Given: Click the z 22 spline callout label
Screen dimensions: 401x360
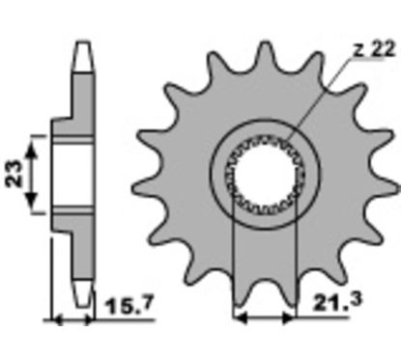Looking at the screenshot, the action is pos(373,49).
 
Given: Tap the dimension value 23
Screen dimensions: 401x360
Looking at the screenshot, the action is pos(14,174).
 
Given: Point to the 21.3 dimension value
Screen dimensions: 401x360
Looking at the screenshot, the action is pos(337,301).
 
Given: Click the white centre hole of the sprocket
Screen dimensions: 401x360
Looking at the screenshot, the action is pos(264,175).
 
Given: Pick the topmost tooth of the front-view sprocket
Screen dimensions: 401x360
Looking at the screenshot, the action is pos(266,55).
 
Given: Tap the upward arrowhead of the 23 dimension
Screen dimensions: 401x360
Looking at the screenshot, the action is pos(31,150).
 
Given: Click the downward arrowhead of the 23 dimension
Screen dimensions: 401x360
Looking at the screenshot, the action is pos(31,199).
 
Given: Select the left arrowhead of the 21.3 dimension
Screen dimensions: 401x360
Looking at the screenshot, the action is pos(241,318).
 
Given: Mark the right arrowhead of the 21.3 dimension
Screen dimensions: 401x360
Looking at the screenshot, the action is pos(288,318).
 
